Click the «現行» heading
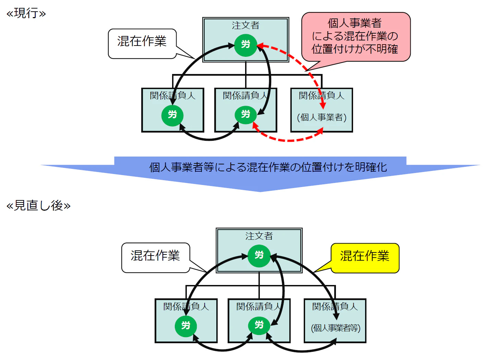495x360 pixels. pyautogui.click(x=26, y=13)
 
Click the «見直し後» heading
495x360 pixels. pyautogui.click(x=38, y=206)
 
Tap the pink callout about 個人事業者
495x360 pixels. pyautogui.click(x=355, y=36)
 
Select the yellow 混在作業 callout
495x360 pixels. pyautogui.click(x=365, y=257)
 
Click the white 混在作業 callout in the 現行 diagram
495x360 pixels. pyautogui.click(x=142, y=42)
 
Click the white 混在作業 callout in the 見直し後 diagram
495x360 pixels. pyautogui.click(x=155, y=256)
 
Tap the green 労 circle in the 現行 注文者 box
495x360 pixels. pyautogui.click(x=245, y=45)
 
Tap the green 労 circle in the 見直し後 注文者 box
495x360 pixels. pyautogui.click(x=259, y=256)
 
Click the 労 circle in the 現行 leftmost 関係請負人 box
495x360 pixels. pyautogui.click(x=172, y=115)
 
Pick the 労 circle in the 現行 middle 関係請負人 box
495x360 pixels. pyautogui.click(x=245, y=114)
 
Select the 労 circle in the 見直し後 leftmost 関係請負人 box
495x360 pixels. pyautogui.click(x=186, y=325)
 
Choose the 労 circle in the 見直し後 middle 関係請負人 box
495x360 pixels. pyautogui.click(x=259, y=325)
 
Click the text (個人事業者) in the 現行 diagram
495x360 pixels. pyautogui.click(x=322, y=117)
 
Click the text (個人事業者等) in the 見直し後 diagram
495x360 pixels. pyautogui.click(x=336, y=328)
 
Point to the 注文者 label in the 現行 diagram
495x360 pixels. pyautogui.click(x=245, y=25)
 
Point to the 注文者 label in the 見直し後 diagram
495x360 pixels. pyautogui.click(x=259, y=236)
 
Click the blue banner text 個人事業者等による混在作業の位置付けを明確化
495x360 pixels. pyautogui.click(x=268, y=167)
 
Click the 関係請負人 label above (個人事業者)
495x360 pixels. pyautogui.click(x=322, y=96)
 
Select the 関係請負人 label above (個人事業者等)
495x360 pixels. pyautogui.click(x=335, y=307)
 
